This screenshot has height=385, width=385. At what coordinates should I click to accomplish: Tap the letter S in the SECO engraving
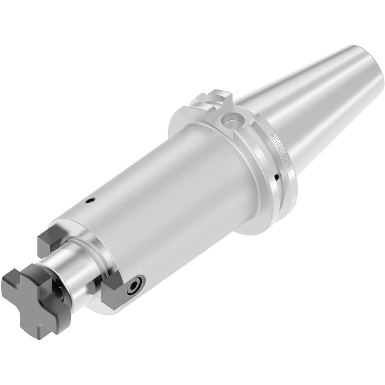point(275,137)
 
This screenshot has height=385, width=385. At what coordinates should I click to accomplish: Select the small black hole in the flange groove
point(277,177)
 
